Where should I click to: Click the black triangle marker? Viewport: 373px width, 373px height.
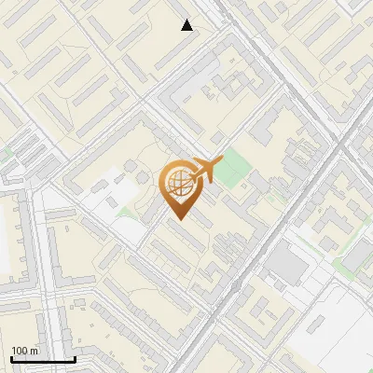coord(187,25)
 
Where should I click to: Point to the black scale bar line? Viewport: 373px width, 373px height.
coord(43,360)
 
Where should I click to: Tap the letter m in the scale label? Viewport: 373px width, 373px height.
coord(35,351)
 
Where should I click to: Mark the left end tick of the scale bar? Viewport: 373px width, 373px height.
coord(11,358)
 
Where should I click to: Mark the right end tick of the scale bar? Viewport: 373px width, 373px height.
coord(75,358)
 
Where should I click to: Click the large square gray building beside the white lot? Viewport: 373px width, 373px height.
coord(286,269)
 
